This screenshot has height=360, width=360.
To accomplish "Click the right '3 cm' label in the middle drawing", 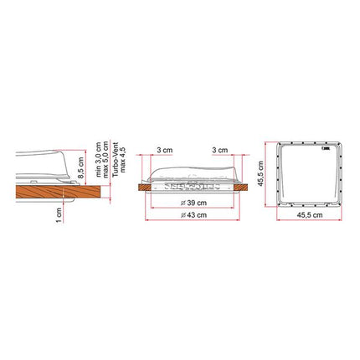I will point(220,152).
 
